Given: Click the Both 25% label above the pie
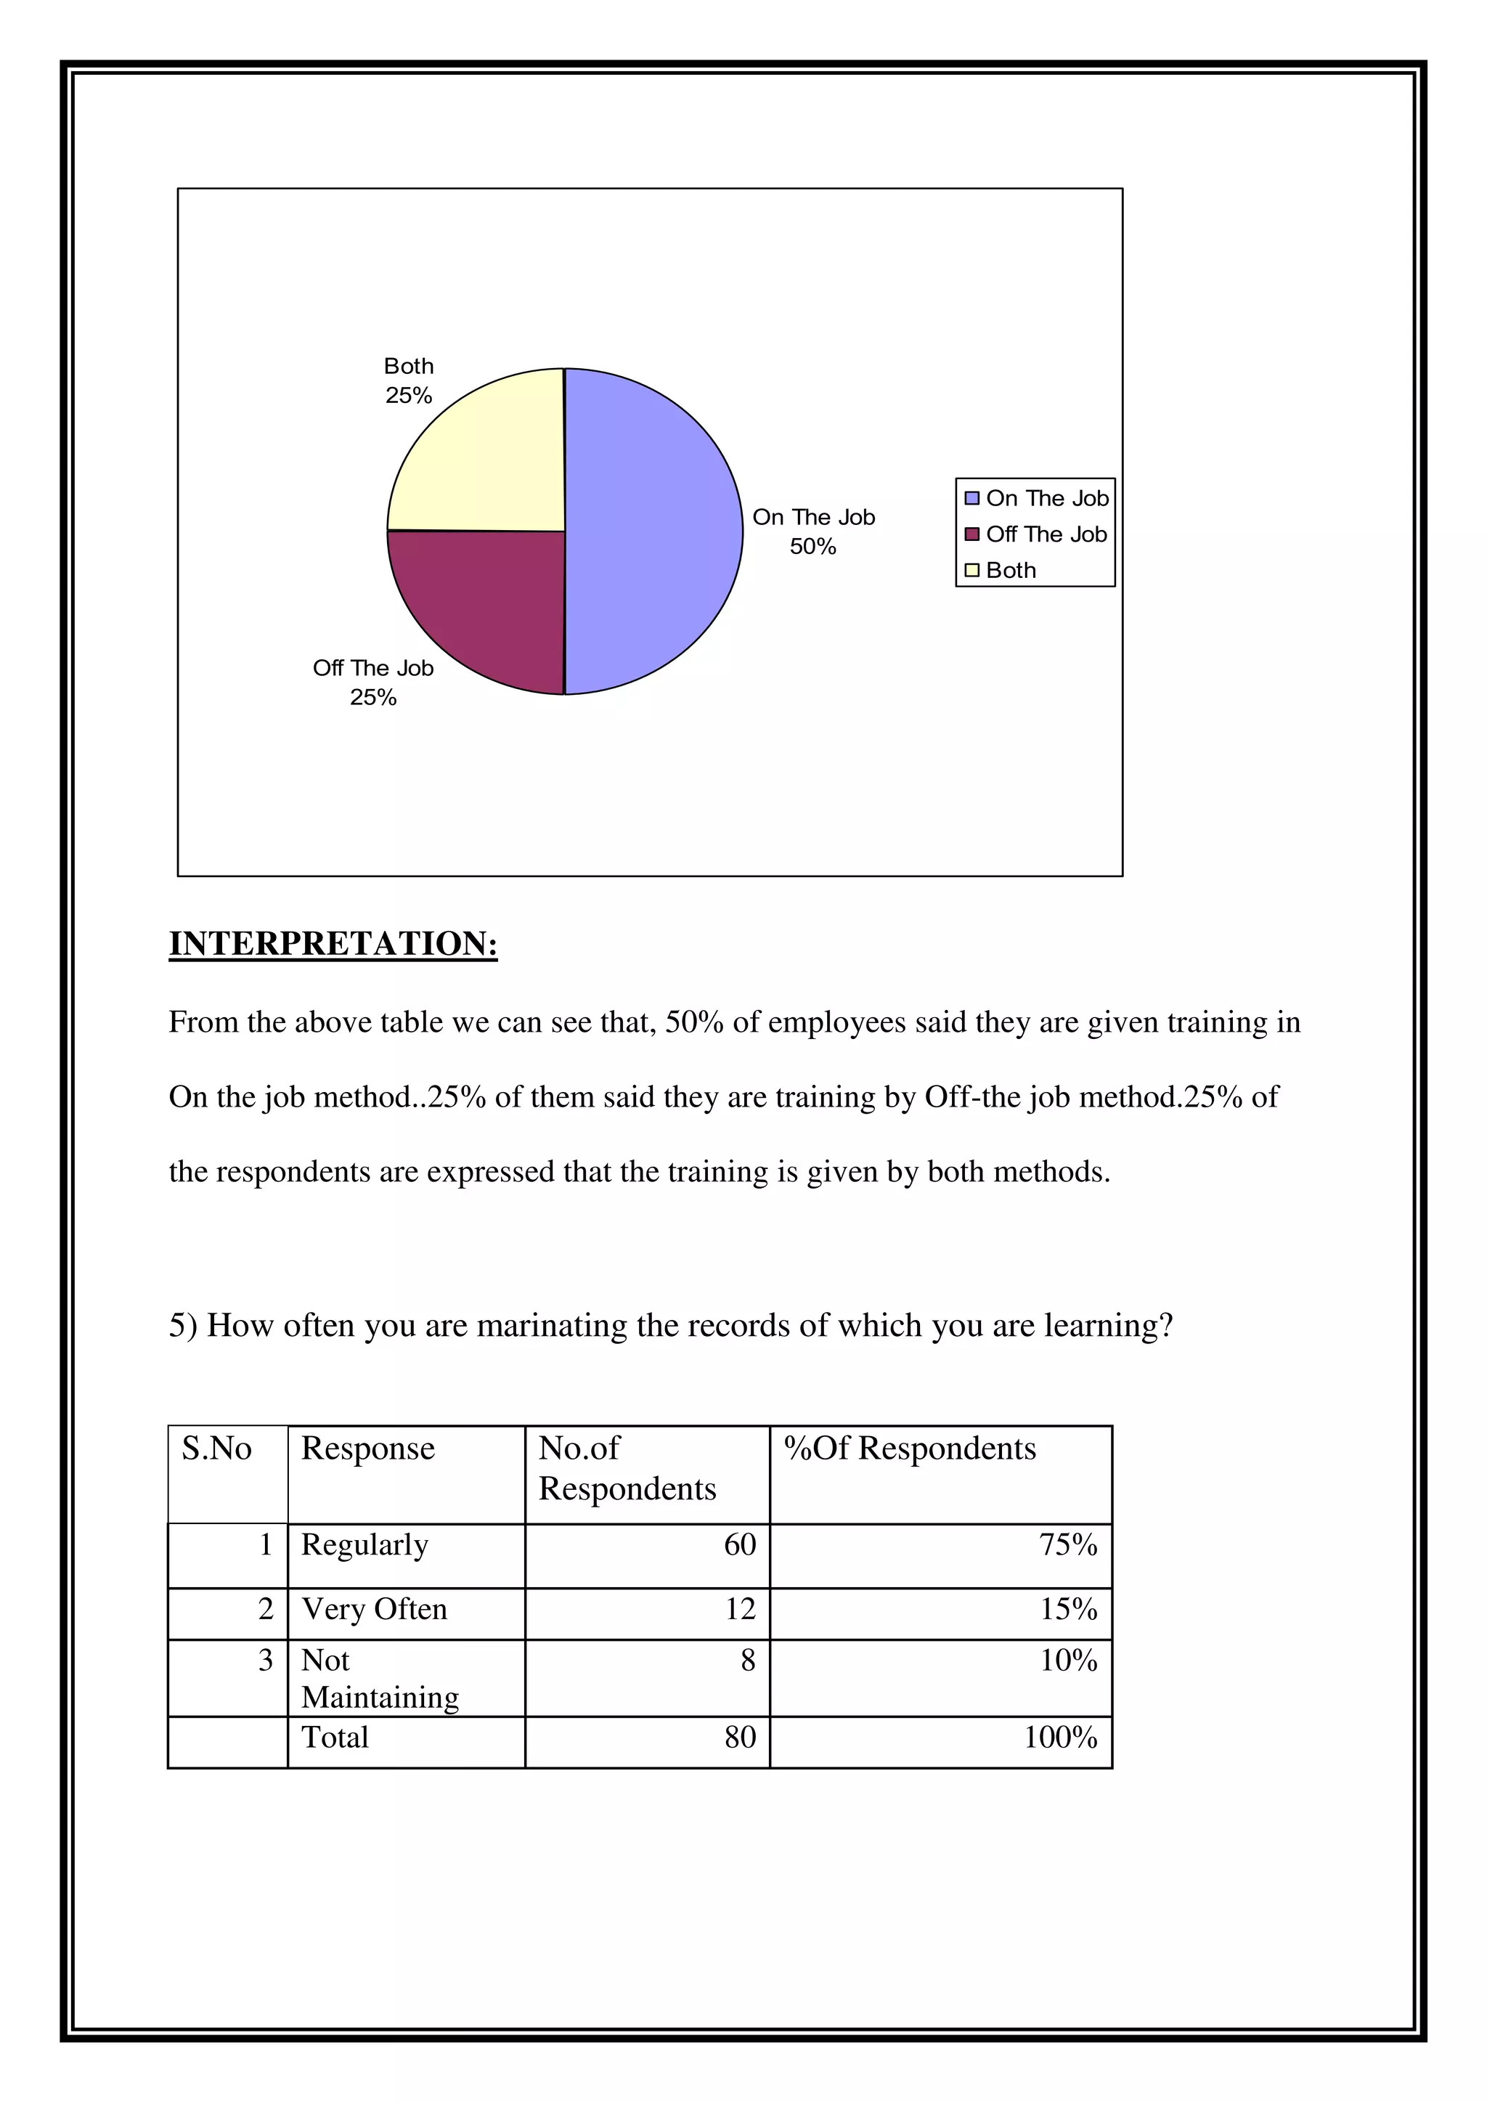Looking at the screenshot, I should [408, 381].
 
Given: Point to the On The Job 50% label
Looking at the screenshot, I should [813, 531].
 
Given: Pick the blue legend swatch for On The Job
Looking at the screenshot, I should [972, 498].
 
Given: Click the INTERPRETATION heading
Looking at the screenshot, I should [333, 944].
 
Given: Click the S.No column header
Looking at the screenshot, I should [217, 1449].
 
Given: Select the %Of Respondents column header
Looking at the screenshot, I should [910, 1449].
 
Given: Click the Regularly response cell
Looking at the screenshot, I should [364, 1544].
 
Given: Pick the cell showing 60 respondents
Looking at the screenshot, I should [740, 1544].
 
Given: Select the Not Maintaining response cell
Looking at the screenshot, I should [379, 1678].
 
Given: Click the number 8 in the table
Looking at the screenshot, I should [748, 1660].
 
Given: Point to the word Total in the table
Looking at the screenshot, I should [335, 1737].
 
